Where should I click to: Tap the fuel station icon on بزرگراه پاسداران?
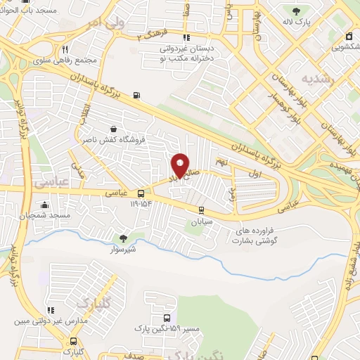tap(135, 96)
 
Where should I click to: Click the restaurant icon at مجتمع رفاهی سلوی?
tap(65, 49)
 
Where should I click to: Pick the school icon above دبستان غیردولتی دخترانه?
tap(186, 38)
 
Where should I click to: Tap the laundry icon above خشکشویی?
tap(349, 37)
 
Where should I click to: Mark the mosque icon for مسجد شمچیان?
tap(45, 205)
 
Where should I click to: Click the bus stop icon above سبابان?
tap(201, 210)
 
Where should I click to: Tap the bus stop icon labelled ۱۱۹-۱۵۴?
tap(141, 193)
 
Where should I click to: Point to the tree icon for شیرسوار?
tap(124, 238)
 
